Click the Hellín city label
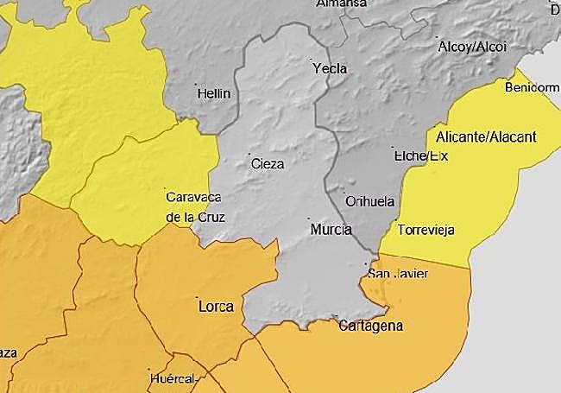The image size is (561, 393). click(214, 92)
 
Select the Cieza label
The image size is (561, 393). click(267, 162)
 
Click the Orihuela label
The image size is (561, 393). click(369, 200)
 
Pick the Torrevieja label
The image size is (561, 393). click(425, 230)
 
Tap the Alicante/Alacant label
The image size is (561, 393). click(487, 136)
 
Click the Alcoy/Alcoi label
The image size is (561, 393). click(473, 46)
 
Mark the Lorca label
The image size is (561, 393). click(216, 306)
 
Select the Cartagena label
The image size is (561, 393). click(371, 326)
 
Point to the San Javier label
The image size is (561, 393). click(398, 274)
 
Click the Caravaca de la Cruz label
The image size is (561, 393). click(195, 207)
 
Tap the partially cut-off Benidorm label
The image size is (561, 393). click(532, 87)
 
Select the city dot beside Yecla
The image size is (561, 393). click(312, 60)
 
